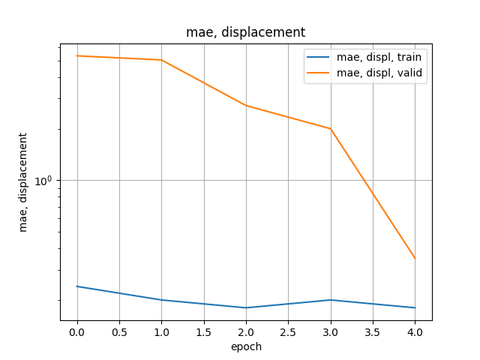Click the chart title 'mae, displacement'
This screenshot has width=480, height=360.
[245, 32]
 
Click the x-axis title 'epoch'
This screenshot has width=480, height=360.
[245, 346]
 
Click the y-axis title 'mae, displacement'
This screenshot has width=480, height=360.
[23, 182]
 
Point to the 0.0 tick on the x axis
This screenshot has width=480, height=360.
[77, 331]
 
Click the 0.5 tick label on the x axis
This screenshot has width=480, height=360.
[119, 331]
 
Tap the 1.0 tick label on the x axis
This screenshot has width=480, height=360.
[161, 331]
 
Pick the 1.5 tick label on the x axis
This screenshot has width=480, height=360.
[204, 331]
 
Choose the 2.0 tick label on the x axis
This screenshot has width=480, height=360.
[246, 331]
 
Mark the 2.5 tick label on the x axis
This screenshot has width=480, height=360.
[289, 331]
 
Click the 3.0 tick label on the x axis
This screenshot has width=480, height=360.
[331, 331]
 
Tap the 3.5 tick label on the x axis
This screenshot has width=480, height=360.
[373, 331]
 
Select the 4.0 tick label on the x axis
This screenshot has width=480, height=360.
[415, 331]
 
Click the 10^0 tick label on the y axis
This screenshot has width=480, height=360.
[46, 181]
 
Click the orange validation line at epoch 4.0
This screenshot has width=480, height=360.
[415, 259]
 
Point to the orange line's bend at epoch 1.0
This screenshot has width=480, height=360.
[161, 60]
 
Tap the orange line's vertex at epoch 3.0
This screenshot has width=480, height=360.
[331, 129]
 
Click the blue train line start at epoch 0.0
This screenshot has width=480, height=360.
[77, 286]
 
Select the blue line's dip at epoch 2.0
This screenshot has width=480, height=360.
[246, 307]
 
